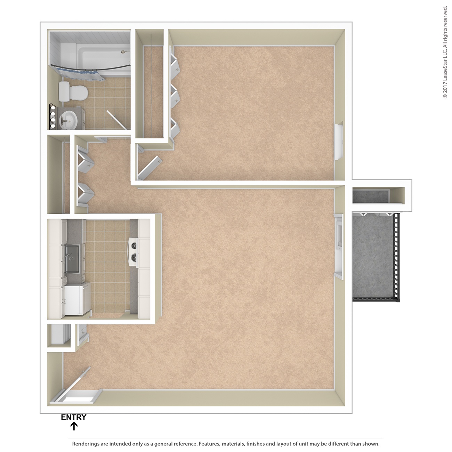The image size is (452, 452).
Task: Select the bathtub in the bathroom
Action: coord(103,60)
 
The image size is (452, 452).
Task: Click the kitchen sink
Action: coord(73,259)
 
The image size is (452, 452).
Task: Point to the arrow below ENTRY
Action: coord(74,426)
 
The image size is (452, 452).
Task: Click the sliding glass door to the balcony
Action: coord(339,247)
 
